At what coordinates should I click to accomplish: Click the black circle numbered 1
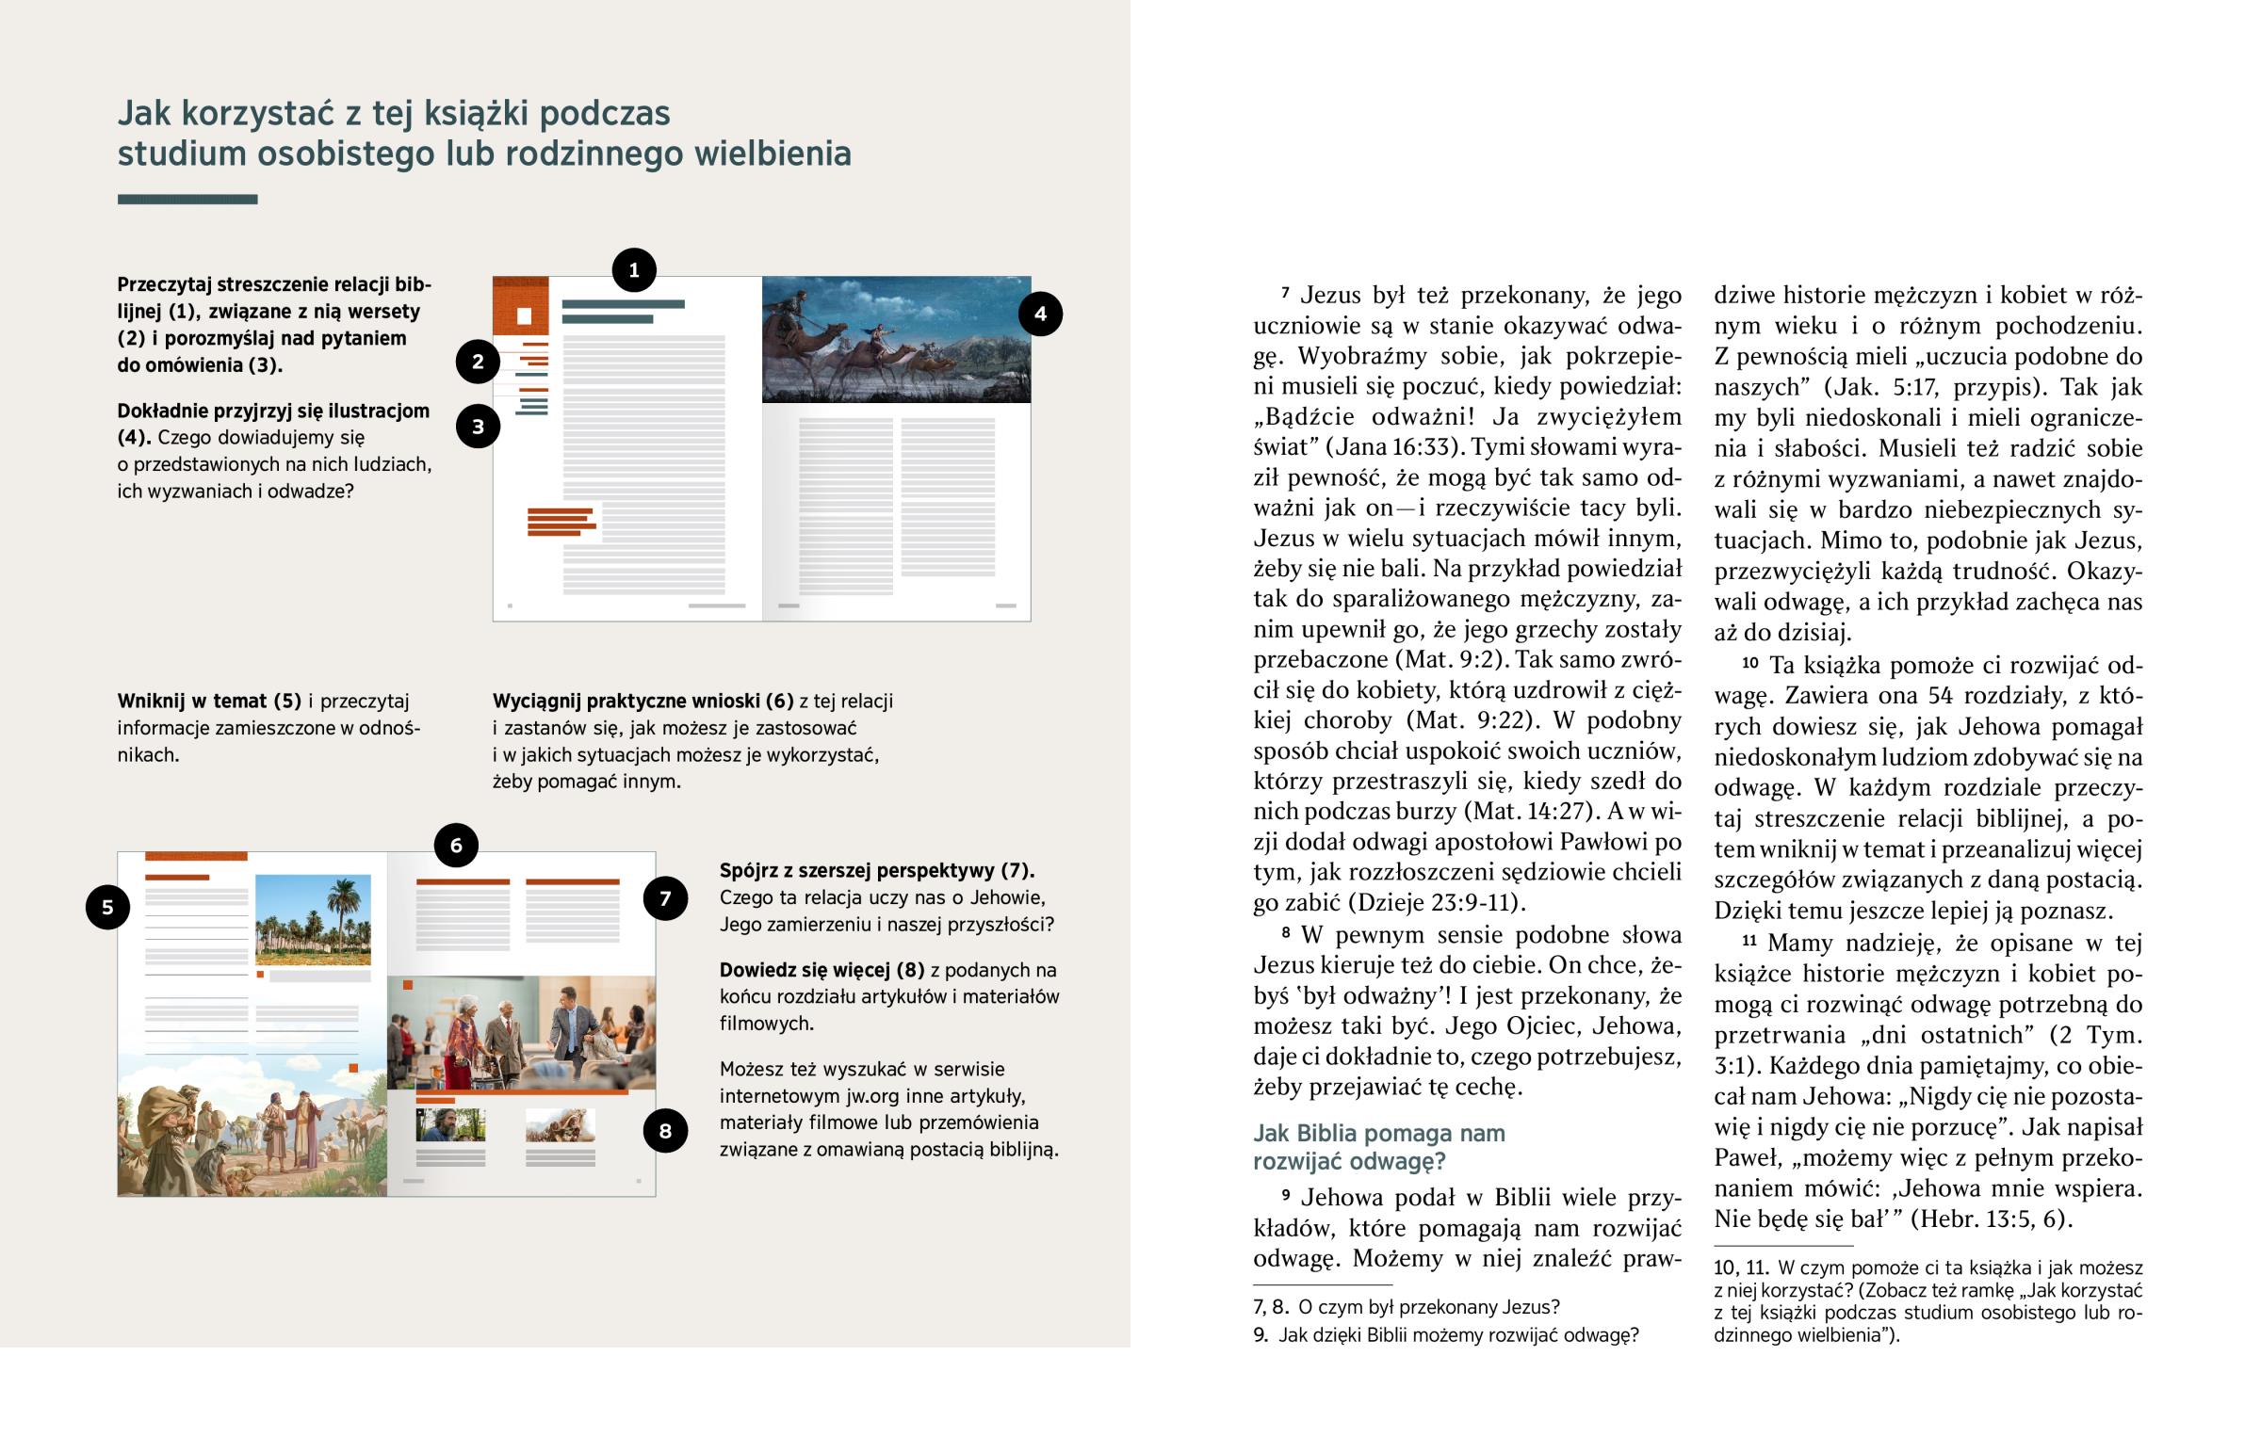(x=634, y=270)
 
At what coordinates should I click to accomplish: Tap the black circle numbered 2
(x=478, y=362)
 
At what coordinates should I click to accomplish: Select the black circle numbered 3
(x=478, y=427)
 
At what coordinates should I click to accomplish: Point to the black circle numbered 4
(x=1040, y=315)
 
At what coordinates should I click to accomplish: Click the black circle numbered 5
(x=107, y=907)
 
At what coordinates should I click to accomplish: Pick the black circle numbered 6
(x=456, y=846)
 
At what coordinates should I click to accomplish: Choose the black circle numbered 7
(x=665, y=898)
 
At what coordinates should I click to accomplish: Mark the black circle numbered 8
(x=665, y=1130)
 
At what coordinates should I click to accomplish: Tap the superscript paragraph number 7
(x=1285, y=294)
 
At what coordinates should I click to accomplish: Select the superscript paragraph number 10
(x=1749, y=662)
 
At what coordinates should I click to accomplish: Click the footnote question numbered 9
(x=1445, y=1335)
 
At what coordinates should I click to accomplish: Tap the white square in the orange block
(x=524, y=316)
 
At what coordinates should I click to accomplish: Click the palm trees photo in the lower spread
(x=313, y=919)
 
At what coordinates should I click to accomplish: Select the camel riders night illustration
(x=896, y=340)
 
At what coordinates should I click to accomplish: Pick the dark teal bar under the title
(x=187, y=199)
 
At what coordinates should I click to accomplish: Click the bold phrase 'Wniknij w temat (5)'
(x=208, y=701)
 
